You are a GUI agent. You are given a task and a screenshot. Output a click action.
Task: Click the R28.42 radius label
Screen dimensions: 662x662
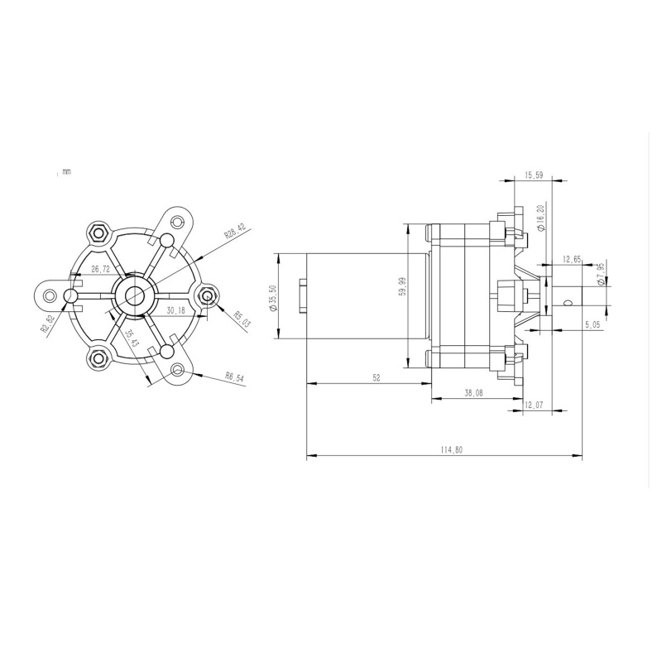pos(236,230)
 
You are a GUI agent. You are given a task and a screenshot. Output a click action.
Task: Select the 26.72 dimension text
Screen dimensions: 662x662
pos(101,270)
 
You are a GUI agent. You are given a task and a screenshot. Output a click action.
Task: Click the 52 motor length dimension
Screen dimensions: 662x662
pos(377,377)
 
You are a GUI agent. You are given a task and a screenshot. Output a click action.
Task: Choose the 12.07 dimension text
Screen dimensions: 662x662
pos(535,405)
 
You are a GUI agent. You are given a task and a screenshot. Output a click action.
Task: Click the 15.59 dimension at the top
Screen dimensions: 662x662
pos(534,175)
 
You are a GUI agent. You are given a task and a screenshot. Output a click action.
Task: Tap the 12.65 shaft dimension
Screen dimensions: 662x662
pos(572,259)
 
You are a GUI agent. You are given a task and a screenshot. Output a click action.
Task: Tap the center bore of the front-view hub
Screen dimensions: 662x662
pos(134,294)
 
